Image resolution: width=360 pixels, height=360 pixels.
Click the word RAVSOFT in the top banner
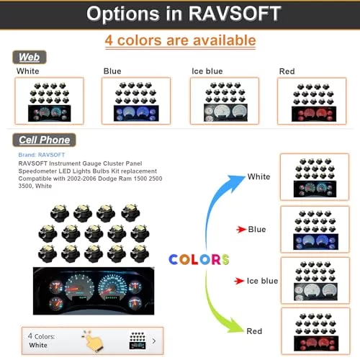point(235,14)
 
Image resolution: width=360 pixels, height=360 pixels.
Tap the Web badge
point(30,57)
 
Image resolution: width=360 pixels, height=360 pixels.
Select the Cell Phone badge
point(44,140)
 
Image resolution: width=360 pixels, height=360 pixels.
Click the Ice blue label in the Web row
point(207,71)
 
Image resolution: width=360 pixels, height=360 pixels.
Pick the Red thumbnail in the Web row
point(312,101)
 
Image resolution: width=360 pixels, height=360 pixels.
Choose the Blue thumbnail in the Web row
point(136,101)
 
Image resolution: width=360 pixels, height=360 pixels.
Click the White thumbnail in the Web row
point(49,101)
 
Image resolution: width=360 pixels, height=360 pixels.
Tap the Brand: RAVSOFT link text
point(42,155)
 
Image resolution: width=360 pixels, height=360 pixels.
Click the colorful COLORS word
point(199,259)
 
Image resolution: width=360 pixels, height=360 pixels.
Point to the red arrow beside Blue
point(241,230)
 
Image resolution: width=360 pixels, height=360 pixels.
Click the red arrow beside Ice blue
point(239,281)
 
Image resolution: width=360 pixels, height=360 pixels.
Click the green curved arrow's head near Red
point(236,325)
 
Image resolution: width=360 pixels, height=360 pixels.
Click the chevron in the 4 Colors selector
point(154,341)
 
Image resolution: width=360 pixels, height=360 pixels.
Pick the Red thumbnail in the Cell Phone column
point(316,331)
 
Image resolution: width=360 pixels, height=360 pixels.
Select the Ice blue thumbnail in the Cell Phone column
point(315,280)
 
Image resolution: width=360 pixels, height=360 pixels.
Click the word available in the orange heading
point(225,40)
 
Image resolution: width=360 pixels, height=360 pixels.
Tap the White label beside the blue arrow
point(258,176)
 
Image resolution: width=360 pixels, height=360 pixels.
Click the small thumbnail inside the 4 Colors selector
point(138,341)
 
